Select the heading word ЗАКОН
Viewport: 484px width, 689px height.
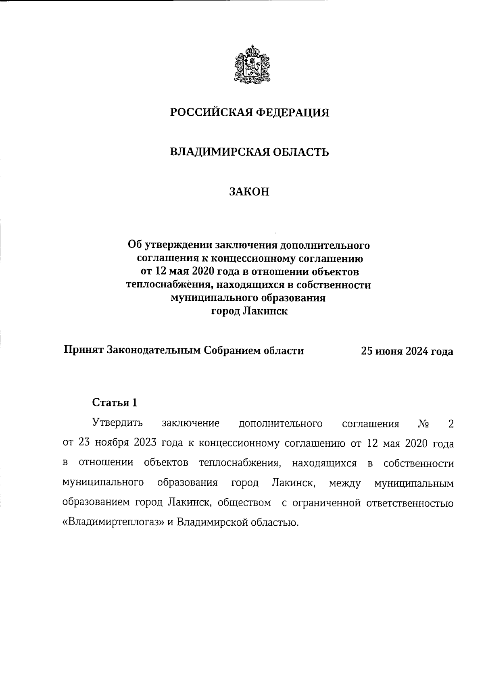(249, 192)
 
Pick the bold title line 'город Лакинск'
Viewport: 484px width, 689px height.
(249, 311)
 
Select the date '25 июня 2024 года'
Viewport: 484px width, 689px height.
(407, 351)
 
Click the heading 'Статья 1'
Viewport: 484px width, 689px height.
(115, 402)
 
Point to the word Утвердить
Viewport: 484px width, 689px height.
(117, 424)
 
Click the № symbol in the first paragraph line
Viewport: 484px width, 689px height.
(423, 424)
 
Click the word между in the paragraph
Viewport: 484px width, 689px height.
(345, 483)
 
